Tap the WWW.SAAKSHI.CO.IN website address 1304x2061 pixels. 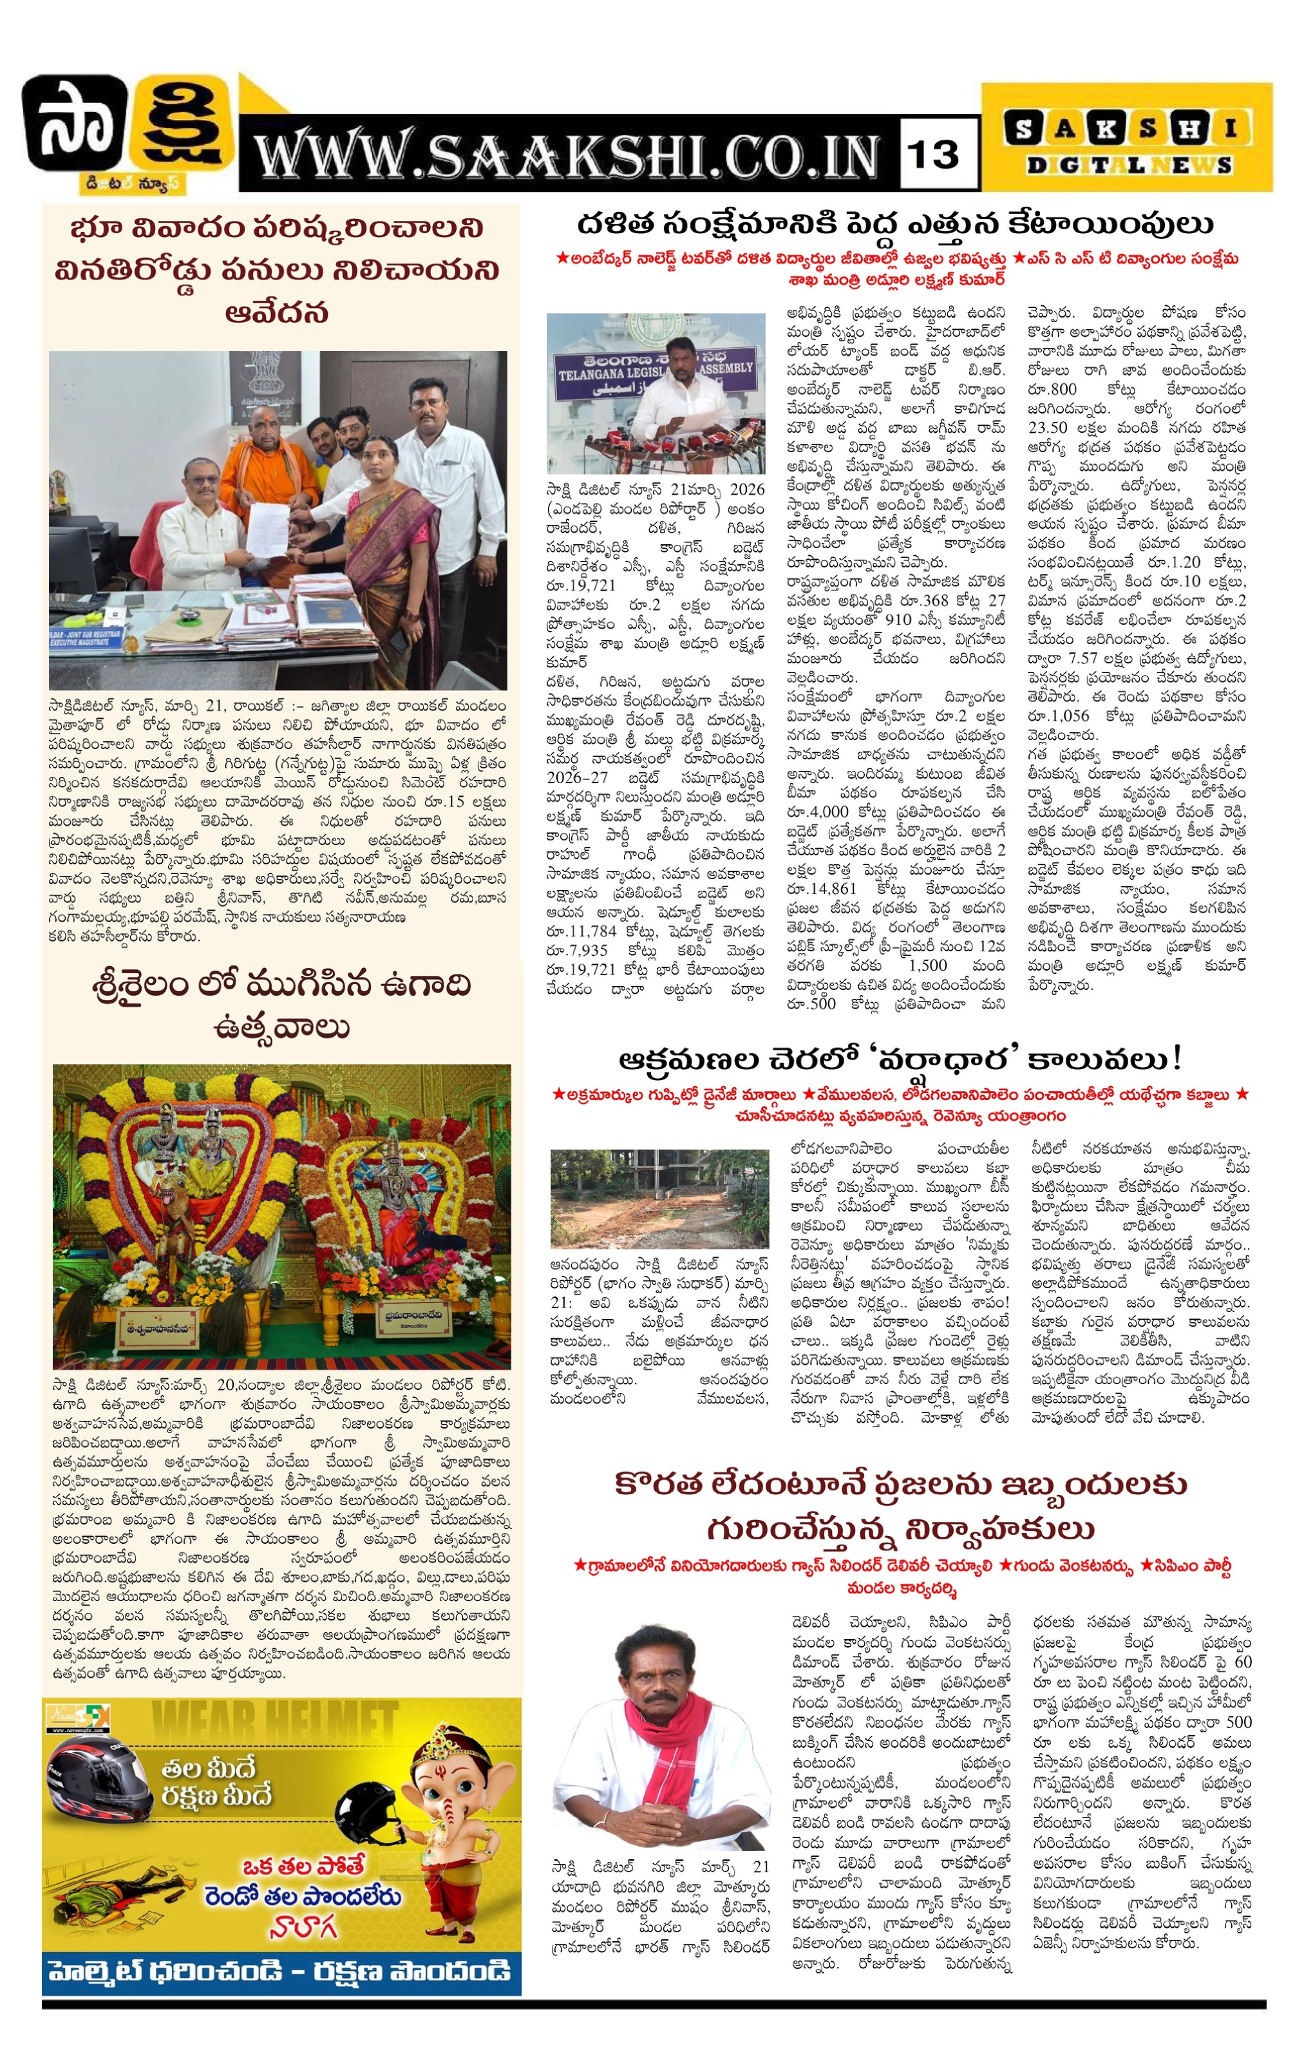[x=569, y=157]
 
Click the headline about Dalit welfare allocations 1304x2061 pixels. [x=894, y=225]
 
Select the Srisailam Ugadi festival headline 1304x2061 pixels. [x=281, y=1005]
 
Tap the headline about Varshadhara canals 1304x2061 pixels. [x=900, y=1059]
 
